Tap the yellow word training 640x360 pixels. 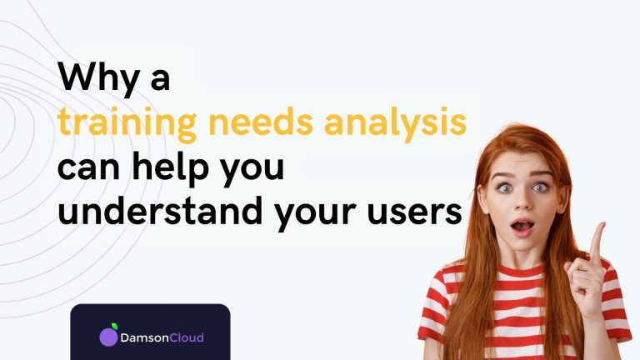tap(127, 123)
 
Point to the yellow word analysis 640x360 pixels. tap(395, 123)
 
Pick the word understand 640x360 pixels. tap(160, 209)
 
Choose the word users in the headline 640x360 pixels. tap(415, 213)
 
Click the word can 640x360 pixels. tap(88, 169)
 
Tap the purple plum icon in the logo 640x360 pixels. tap(108, 336)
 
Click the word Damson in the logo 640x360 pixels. tap(144, 338)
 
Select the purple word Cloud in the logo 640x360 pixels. tap(187, 337)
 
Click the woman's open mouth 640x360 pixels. tap(522, 227)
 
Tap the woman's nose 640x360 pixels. tap(522, 201)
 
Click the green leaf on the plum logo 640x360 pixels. tap(115, 326)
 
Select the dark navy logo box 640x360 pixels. tap(150, 332)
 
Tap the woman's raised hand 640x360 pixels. tap(587, 272)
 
